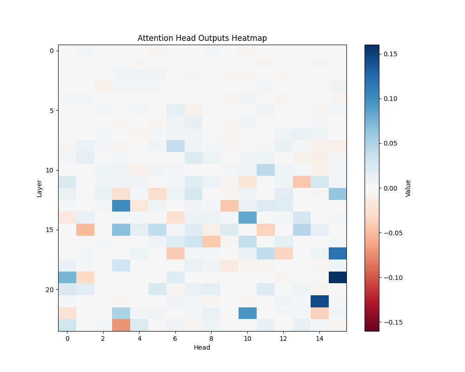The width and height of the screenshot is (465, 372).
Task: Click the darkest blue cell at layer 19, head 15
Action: (338, 277)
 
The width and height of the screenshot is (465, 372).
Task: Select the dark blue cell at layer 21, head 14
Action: (319, 301)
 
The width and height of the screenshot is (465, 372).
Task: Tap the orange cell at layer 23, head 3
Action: (121, 325)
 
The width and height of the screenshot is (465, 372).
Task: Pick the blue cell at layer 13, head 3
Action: (121, 206)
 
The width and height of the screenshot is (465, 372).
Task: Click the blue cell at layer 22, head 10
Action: (247, 313)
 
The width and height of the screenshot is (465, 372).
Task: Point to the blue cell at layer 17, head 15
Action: (338, 253)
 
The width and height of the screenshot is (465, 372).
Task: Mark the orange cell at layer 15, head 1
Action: (85, 230)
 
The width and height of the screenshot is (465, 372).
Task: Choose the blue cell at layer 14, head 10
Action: (247, 218)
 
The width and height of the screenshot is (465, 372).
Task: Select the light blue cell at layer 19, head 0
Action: (67, 277)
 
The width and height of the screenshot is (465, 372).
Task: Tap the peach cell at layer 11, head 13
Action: (301, 182)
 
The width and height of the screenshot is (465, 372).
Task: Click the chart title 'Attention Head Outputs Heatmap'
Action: (202, 38)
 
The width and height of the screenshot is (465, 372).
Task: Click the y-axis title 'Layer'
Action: (40, 188)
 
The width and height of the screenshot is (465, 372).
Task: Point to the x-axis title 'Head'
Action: (202, 347)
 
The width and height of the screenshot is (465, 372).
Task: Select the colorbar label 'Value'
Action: (408, 188)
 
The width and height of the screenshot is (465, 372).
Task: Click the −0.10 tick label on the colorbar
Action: (391, 278)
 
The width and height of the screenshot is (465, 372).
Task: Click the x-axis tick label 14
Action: (319, 339)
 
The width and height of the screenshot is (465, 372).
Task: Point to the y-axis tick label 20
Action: (49, 289)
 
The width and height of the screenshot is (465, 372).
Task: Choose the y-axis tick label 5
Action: (51, 110)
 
